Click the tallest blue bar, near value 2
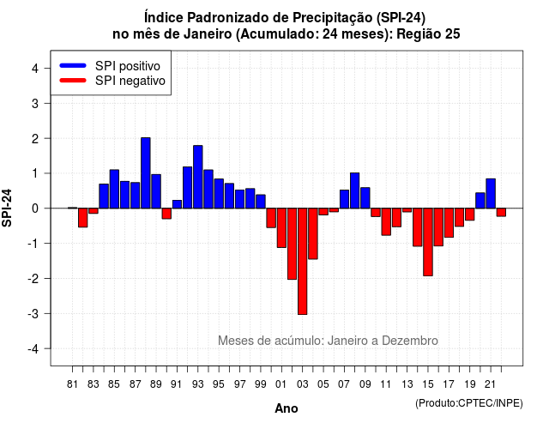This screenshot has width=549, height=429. coord(146,173)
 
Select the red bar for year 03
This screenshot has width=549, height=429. coord(303,261)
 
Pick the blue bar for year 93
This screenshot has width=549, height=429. coord(198,177)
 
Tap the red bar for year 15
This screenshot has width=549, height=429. coord(428,242)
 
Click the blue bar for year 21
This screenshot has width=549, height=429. coord(491,194)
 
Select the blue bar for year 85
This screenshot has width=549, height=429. coord(114,189)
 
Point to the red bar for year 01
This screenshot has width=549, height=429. coord(281,228)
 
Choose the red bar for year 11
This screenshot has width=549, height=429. coord(386,221)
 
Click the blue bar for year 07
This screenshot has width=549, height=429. coord(344,199)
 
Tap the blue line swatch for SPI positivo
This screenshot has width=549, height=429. coord(73,65)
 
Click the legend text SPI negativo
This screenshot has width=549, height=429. coord(130,81)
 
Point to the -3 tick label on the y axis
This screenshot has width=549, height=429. coord(34,314)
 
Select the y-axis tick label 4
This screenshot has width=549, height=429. coord(35,69)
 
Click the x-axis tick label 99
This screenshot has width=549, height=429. coord(261,384)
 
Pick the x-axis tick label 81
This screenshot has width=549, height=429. coord(72,384)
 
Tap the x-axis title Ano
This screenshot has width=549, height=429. coord(287,408)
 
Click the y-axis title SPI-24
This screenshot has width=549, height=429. coord(7,208)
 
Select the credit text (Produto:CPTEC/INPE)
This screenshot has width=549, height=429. coord(469,403)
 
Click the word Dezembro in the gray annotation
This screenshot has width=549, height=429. coord(410,341)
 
